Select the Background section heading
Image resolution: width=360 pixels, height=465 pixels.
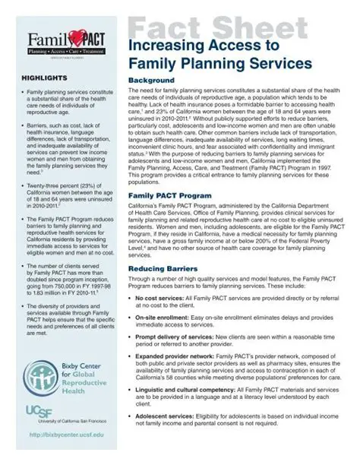(x=152, y=81)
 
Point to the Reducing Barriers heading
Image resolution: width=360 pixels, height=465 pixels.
(x=163, y=269)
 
